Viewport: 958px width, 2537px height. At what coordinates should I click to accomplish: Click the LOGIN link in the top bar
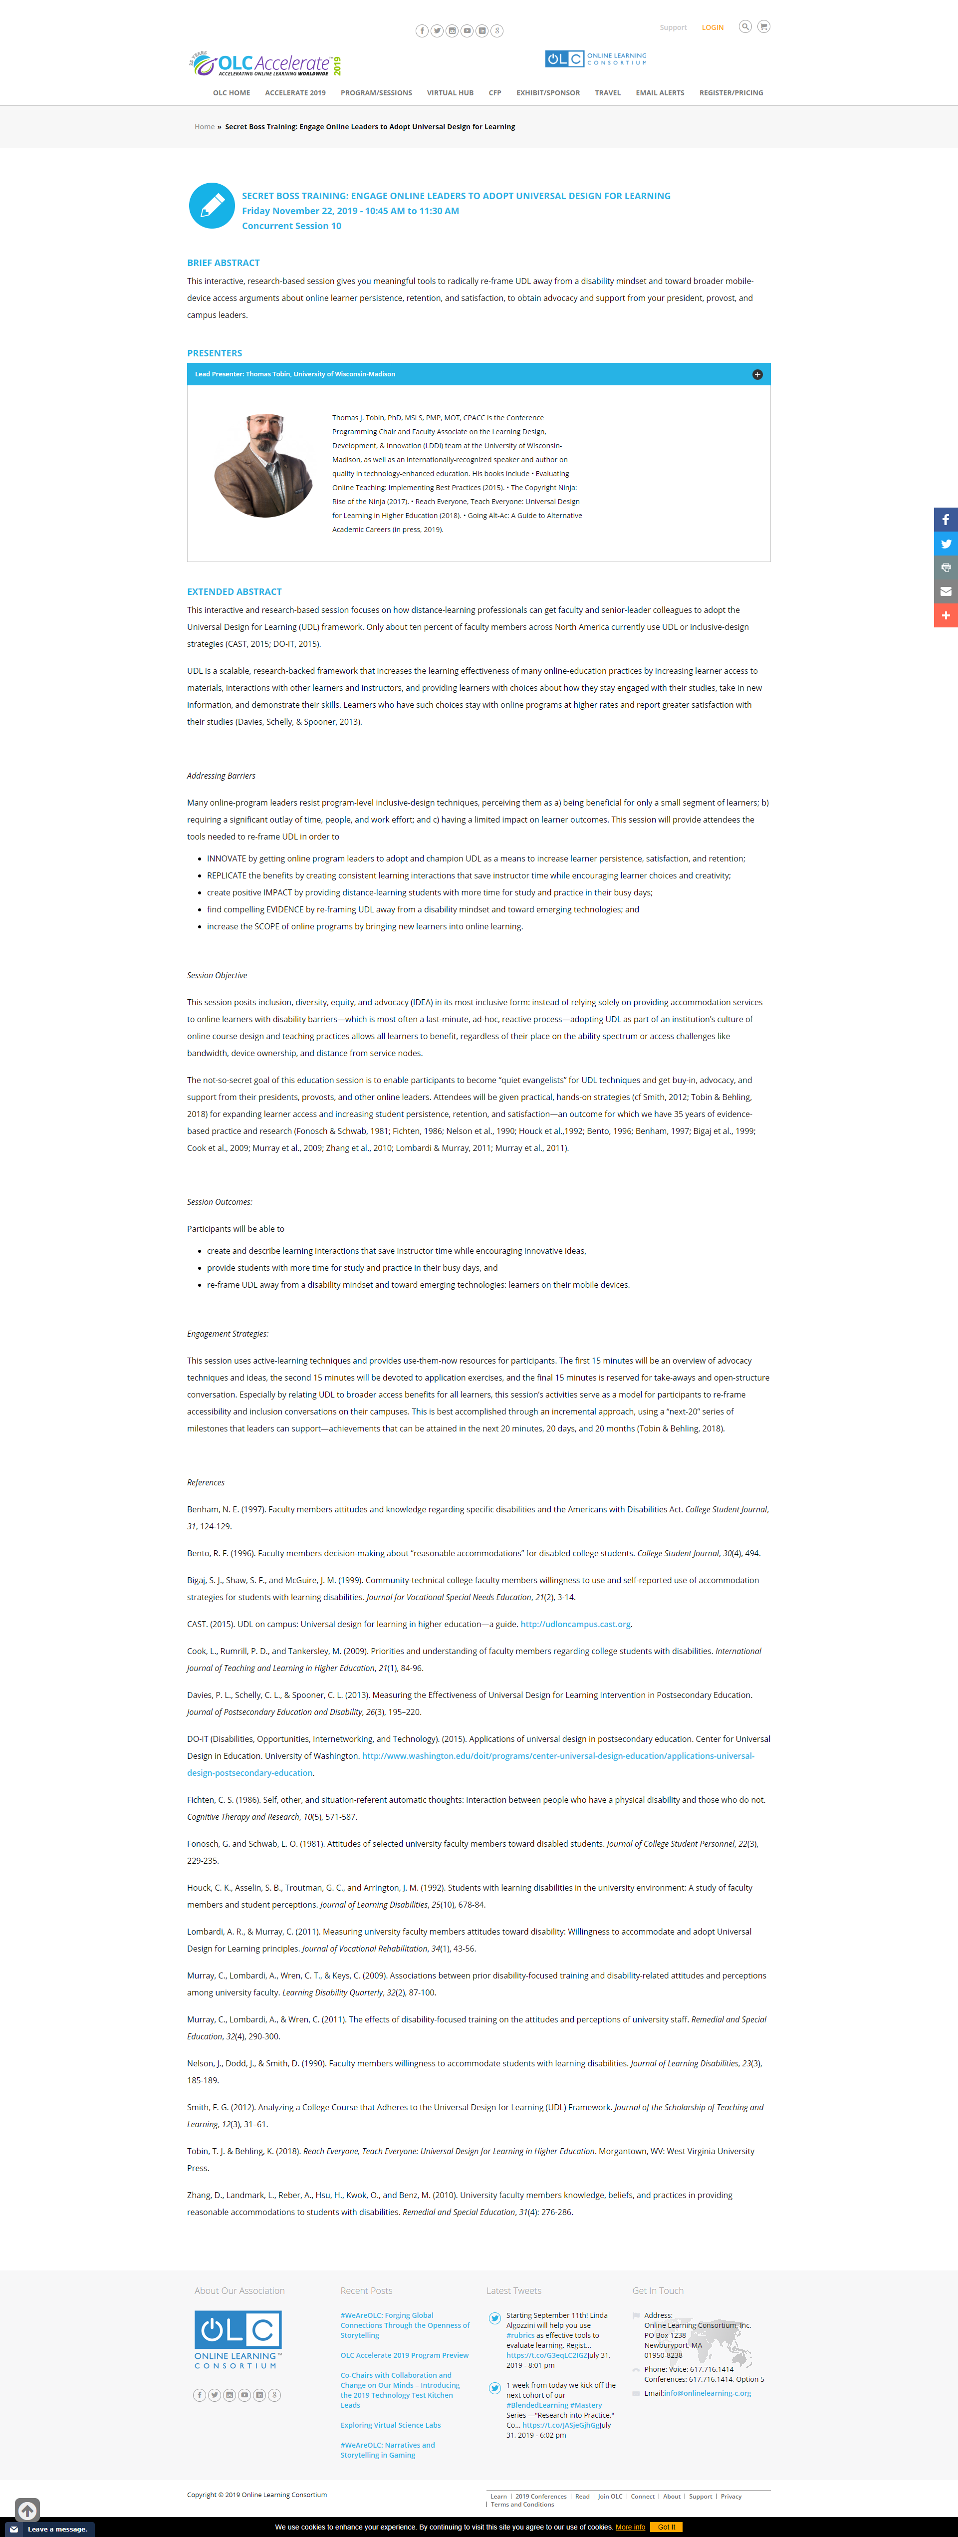pos(712,27)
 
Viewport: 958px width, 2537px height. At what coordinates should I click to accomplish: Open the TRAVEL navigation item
pos(608,92)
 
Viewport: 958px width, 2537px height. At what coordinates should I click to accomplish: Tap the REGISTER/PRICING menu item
pos(730,92)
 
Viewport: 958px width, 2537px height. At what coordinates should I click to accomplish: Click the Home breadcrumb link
pos(204,127)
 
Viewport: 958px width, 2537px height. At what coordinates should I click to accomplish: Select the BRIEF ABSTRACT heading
pos(224,263)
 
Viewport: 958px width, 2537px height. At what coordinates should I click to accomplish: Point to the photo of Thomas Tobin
pos(264,466)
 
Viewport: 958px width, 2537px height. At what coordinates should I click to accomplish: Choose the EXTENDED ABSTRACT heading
pos(235,592)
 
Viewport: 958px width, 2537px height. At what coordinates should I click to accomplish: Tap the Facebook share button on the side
pos(945,520)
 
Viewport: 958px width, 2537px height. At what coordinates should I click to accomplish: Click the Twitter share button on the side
pos(945,544)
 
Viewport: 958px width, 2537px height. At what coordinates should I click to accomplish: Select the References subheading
pos(206,1482)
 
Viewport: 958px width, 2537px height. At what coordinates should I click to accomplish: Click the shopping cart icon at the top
pos(763,26)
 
